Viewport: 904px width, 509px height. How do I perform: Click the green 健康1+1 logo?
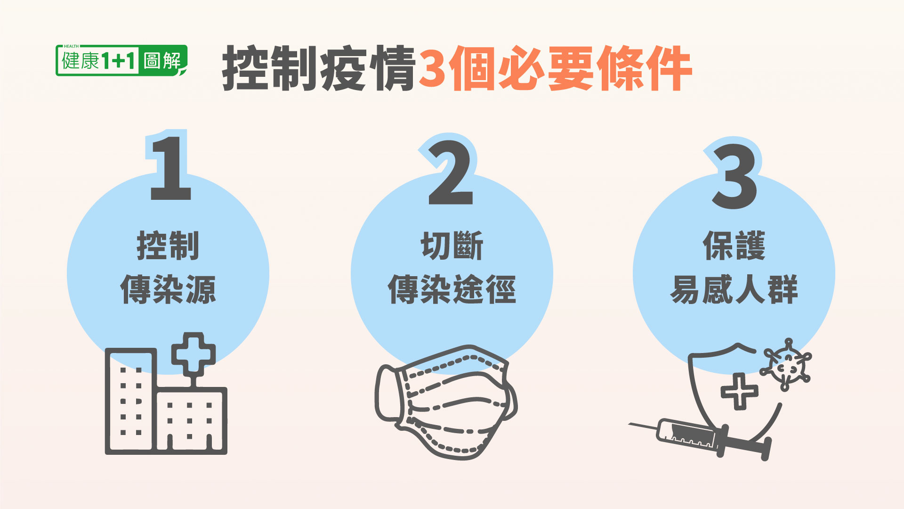point(121,60)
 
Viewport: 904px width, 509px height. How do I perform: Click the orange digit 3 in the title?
point(433,68)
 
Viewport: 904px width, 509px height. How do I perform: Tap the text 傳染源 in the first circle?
point(168,289)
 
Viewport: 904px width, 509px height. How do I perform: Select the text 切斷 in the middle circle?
point(452,246)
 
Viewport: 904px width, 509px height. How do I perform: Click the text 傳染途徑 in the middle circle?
point(452,289)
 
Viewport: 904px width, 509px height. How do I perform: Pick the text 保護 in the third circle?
point(734,246)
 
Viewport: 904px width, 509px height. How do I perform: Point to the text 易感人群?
point(734,289)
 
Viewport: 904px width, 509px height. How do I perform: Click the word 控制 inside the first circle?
point(168,246)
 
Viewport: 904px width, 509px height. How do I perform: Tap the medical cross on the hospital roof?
point(194,354)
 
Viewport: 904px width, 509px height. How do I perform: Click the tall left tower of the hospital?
point(131,401)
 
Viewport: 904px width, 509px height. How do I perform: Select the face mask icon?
point(446,402)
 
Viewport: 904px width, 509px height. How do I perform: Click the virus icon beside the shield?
point(785,364)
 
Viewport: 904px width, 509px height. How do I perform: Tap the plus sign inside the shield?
point(740,391)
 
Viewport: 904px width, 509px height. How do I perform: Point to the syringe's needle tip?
point(629,424)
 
